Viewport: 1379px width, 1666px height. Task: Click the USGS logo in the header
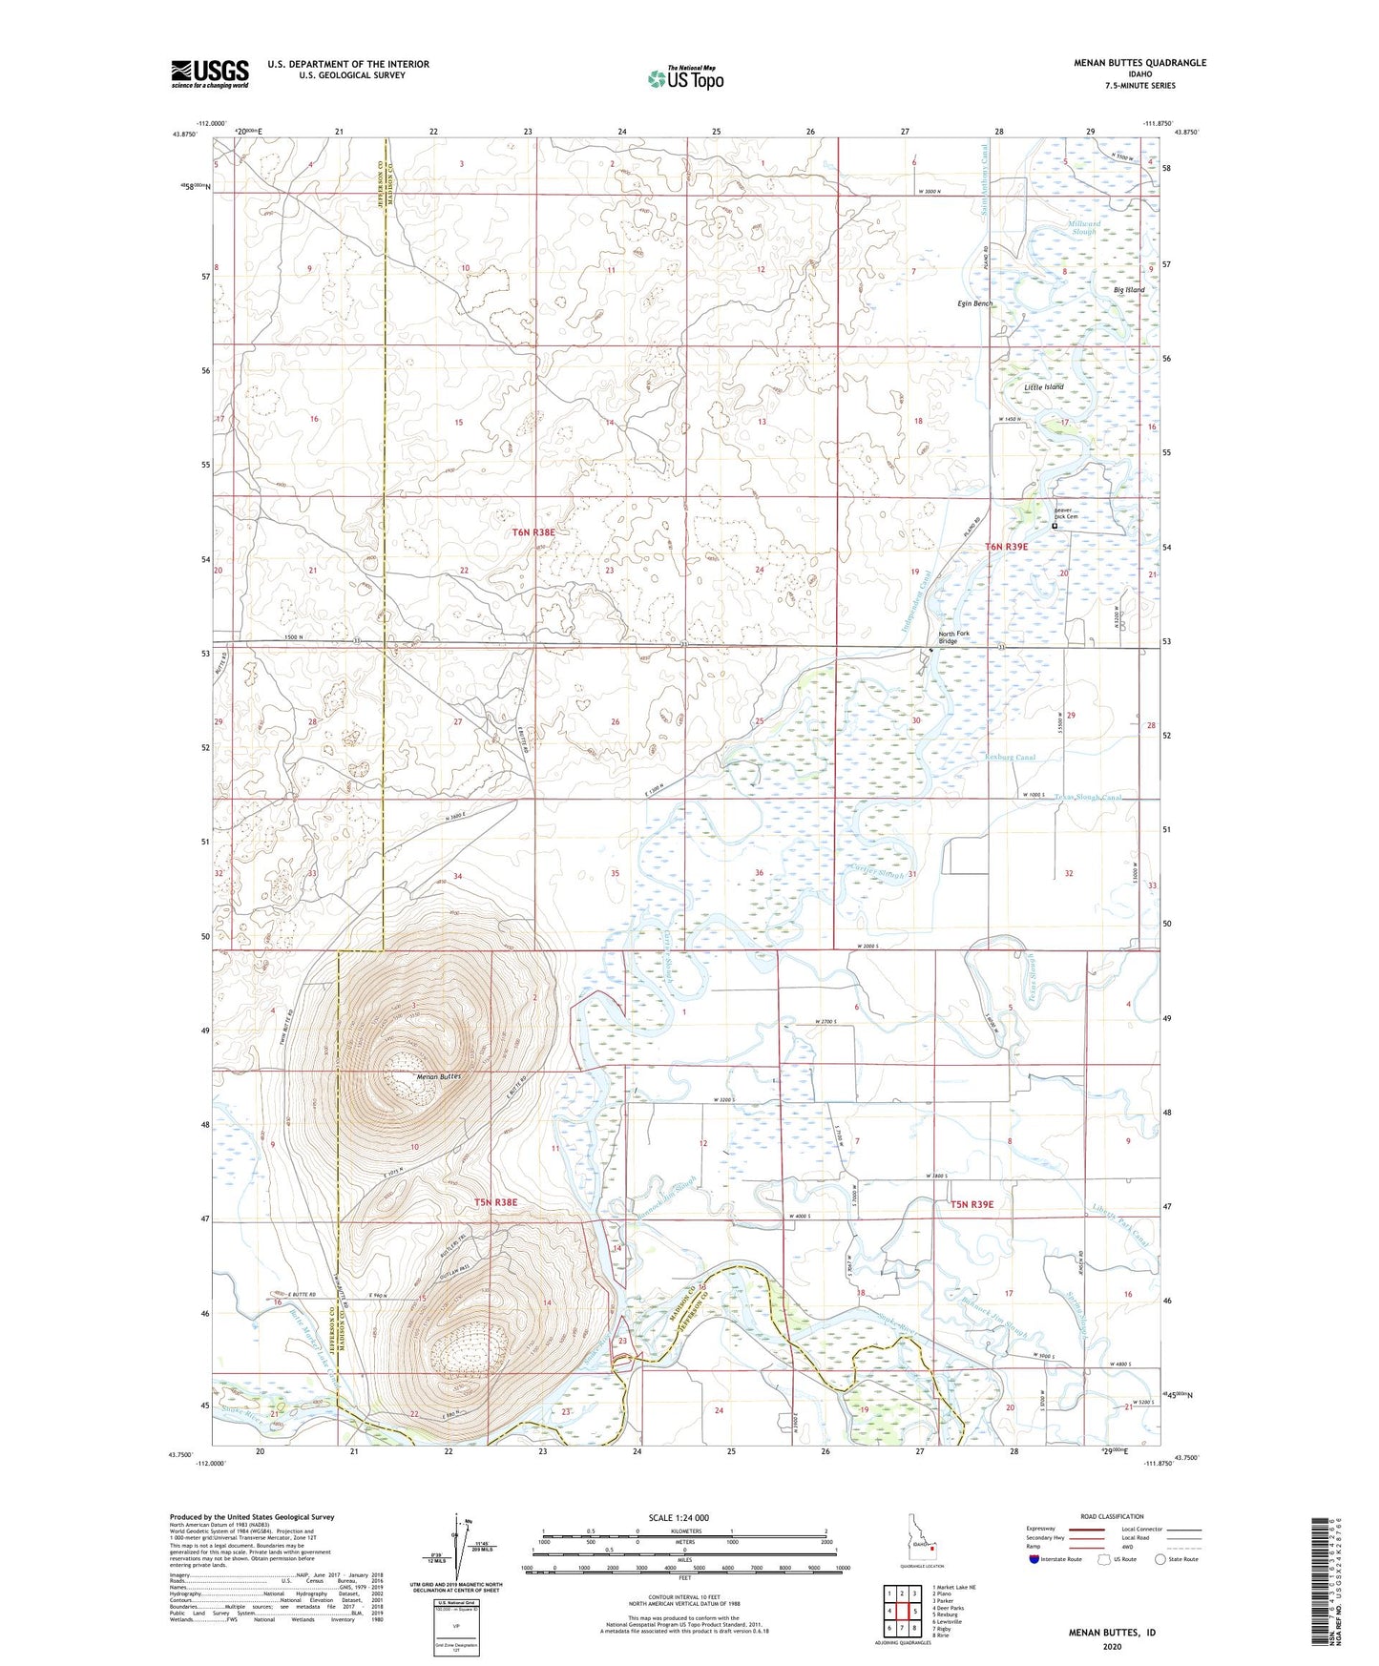(x=209, y=73)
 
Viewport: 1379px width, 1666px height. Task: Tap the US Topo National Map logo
(x=684, y=78)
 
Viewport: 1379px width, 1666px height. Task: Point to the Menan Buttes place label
(x=439, y=1076)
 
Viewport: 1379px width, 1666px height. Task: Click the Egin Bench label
(x=974, y=303)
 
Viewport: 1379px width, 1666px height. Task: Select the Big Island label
(x=1129, y=290)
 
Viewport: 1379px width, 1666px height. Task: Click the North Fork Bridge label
(x=954, y=637)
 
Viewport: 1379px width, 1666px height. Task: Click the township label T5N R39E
(x=972, y=1205)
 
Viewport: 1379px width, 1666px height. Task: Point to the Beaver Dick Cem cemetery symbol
(x=1055, y=526)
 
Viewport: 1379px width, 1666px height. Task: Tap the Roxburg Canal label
(x=1009, y=758)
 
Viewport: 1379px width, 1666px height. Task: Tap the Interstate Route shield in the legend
(x=1035, y=1559)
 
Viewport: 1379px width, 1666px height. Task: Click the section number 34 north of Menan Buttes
(x=458, y=876)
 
